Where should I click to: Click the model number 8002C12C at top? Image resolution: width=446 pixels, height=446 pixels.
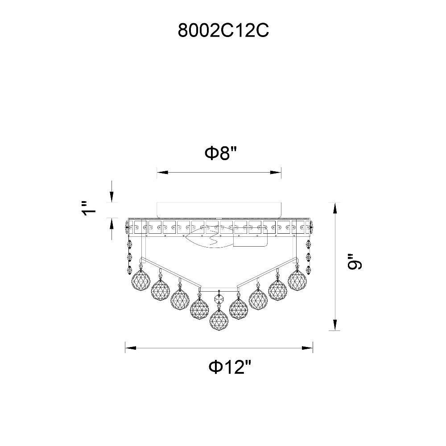pyautogui.click(x=223, y=30)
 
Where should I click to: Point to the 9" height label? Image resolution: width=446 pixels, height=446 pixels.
pyautogui.click(x=355, y=262)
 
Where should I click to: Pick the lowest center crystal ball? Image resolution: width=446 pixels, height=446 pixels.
pyautogui.click(x=219, y=320)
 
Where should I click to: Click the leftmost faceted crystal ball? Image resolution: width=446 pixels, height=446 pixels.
pyautogui.click(x=141, y=280)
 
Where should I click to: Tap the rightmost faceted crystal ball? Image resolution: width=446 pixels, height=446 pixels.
pyautogui.click(x=297, y=280)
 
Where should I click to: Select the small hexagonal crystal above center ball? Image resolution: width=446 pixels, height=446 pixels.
pyautogui.click(x=219, y=300)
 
